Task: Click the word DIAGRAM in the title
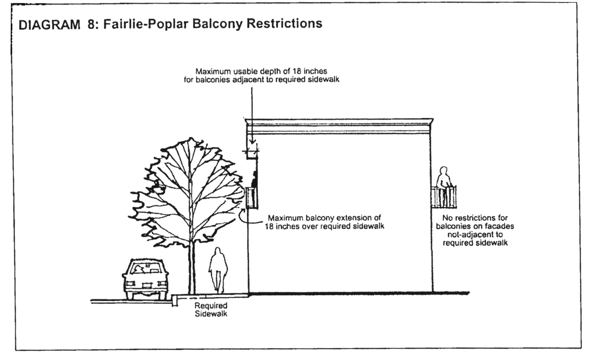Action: [50, 25]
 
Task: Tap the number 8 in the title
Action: [91, 25]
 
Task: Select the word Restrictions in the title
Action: [284, 24]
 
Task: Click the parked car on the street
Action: [145, 280]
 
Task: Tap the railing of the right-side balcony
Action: [444, 197]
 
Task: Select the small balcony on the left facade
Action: [252, 198]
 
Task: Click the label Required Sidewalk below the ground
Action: [211, 310]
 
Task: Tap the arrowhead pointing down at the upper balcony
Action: [252, 142]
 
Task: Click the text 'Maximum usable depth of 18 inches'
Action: [261, 71]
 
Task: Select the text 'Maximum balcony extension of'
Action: [324, 218]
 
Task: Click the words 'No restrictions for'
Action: [475, 218]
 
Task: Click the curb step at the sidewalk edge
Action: [175, 300]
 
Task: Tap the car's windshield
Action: [145, 268]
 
